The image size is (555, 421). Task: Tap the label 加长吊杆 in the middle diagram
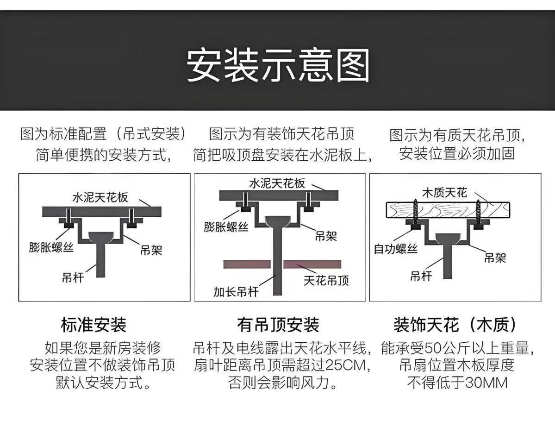point(236,292)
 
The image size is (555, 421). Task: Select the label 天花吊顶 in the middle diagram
point(326,280)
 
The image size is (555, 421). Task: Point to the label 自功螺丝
point(395,249)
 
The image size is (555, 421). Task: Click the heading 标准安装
point(94,325)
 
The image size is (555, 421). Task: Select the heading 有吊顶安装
point(278,325)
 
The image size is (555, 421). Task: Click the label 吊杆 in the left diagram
point(72,277)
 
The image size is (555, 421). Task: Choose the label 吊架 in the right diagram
point(495,258)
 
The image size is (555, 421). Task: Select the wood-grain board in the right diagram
point(448,210)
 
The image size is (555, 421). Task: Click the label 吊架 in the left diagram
point(151,251)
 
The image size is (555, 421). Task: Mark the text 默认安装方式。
point(103,383)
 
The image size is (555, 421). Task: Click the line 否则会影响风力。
point(282,383)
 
